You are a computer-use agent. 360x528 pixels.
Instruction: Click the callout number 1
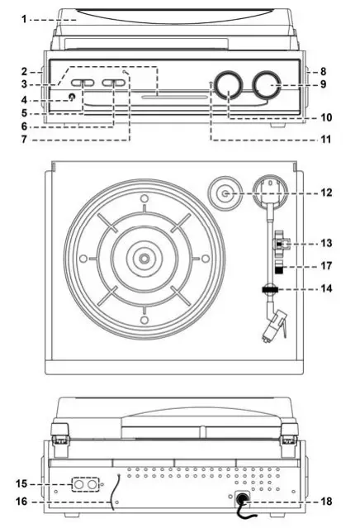(25, 17)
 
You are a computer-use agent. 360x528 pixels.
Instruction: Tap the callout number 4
(26, 99)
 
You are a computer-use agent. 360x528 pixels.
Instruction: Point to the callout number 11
(326, 139)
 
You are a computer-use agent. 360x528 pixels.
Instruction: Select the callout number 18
(327, 502)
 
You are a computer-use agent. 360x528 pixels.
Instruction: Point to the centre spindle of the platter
(144, 259)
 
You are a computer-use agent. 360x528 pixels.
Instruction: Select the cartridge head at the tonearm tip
(272, 333)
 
